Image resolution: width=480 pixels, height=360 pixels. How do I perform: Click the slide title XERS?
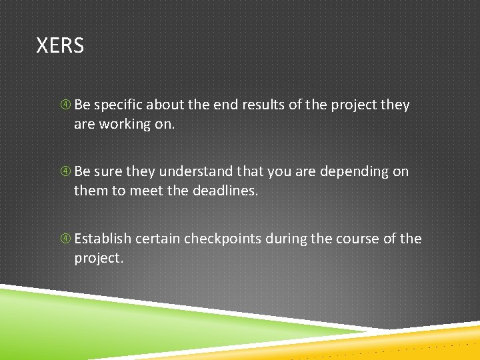(60, 46)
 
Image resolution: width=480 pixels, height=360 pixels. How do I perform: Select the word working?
(126, 125)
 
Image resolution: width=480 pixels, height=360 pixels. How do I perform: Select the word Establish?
(104, 239)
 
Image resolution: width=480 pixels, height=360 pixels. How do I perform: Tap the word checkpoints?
(223, 239)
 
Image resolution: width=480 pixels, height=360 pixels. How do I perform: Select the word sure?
(109, 172)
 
